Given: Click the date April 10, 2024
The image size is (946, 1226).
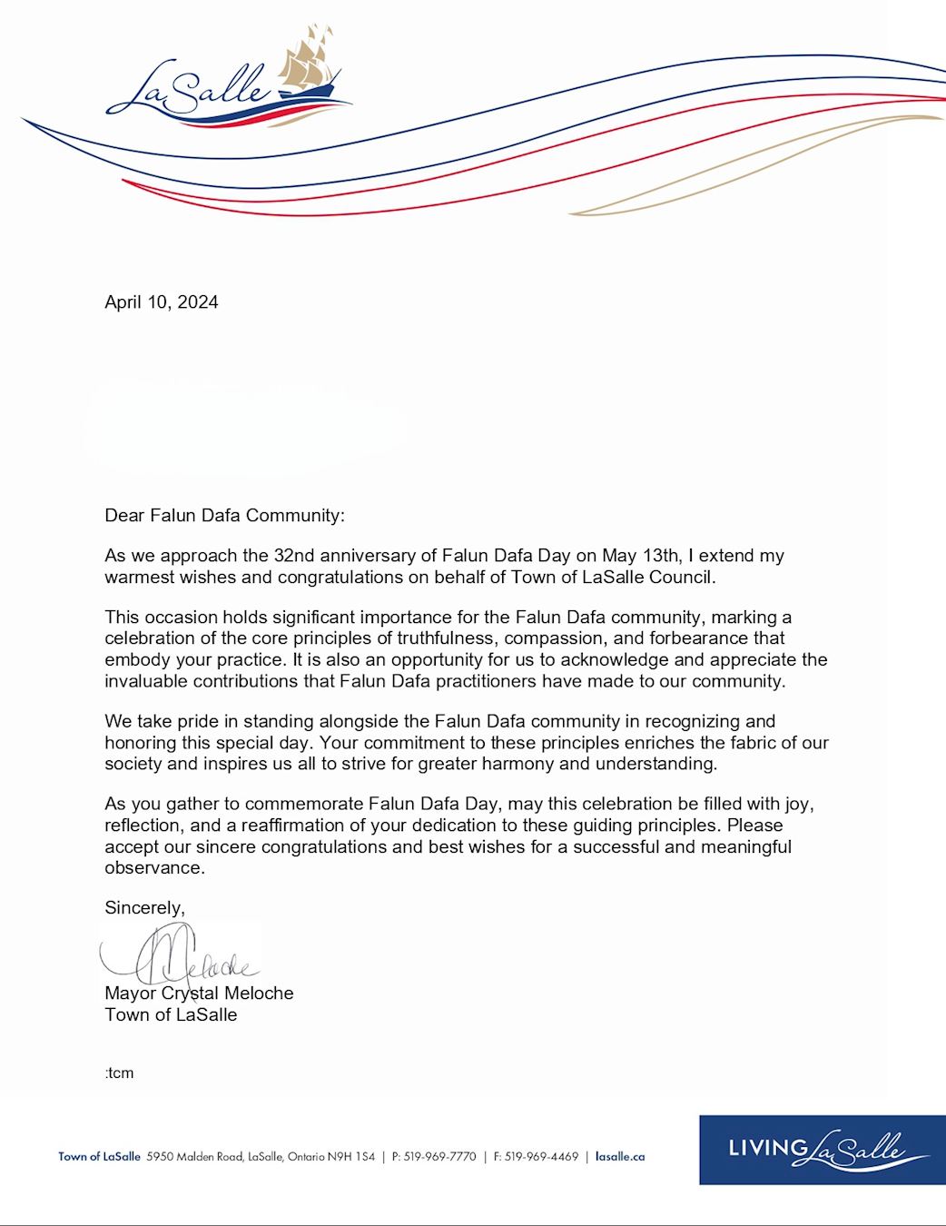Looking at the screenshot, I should (x=162, y=302).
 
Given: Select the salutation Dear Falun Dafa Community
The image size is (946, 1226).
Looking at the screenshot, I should (x=224, y=516).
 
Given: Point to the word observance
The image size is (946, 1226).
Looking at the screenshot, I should (x=153, y=868).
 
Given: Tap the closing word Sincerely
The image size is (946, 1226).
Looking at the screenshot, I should (x=144, y=908).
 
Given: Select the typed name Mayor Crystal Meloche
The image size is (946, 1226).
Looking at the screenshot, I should (x=199, y=994).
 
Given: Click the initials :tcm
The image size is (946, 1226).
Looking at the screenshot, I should (x=119, y=1073).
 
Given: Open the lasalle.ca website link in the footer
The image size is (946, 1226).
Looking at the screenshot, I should (x=620, y=1157).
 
